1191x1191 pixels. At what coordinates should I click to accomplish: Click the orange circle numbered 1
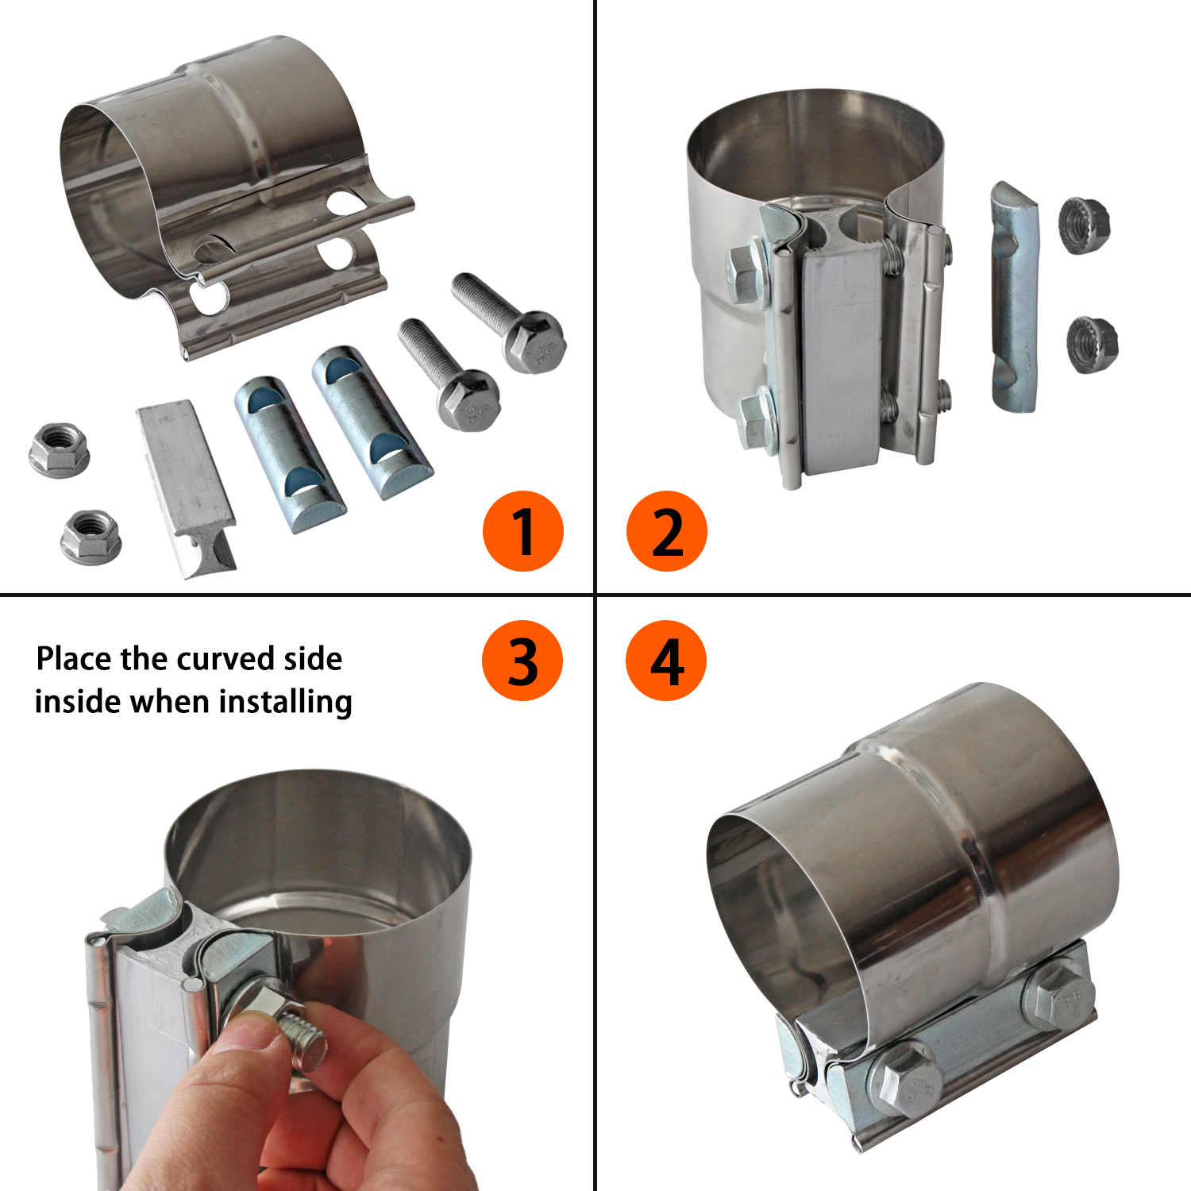point(523,531)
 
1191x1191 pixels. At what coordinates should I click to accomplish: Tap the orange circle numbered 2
point(667,531)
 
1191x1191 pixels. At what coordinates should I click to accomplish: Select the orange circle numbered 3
point(522,661)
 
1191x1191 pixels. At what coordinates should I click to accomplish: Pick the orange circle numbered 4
point(666,661)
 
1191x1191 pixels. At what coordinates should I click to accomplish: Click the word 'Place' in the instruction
point(74,659)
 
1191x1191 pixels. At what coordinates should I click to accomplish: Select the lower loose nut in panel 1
point(91,537)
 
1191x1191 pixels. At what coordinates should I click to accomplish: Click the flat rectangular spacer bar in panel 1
point(187,488)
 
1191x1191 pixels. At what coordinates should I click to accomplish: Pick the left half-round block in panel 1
point(290,454)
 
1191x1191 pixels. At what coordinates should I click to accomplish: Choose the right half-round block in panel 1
point(372,422)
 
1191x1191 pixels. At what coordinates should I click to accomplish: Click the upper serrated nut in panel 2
point(1085,225)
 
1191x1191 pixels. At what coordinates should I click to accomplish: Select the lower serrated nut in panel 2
point(1092,345)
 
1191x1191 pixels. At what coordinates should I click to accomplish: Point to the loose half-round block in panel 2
point(1015,297)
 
